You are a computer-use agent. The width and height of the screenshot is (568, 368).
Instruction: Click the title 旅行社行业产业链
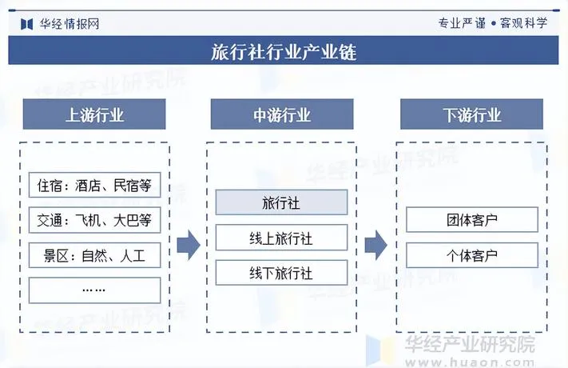(284, 52)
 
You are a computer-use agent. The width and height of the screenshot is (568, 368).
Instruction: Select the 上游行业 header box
(94, 114)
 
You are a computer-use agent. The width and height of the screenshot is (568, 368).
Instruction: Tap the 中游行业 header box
(282, 114)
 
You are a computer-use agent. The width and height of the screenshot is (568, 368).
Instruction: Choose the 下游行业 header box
(471, 114)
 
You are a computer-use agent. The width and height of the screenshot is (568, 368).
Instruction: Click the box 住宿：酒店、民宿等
(94, 186)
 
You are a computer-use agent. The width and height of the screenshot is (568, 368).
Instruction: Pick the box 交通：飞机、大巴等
(94, 220)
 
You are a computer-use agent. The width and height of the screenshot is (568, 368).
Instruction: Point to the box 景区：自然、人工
(94, 256)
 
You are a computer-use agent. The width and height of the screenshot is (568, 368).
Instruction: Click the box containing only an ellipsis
(94, 290)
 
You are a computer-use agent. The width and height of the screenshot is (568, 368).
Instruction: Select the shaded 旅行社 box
(281, 202)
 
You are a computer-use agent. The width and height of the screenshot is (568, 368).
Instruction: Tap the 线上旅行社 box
(281, 238)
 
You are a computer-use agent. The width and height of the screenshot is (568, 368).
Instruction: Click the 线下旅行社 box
(281, 273)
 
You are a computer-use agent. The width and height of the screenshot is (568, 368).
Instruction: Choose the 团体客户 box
(471, 220)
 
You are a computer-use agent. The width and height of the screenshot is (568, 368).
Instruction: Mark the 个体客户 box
(471, 255)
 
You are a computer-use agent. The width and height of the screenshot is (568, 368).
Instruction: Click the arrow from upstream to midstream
(188, 245)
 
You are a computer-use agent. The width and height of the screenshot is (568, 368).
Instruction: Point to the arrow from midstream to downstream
(375, 245)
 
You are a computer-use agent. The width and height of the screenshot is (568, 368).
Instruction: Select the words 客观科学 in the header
(523, 22)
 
